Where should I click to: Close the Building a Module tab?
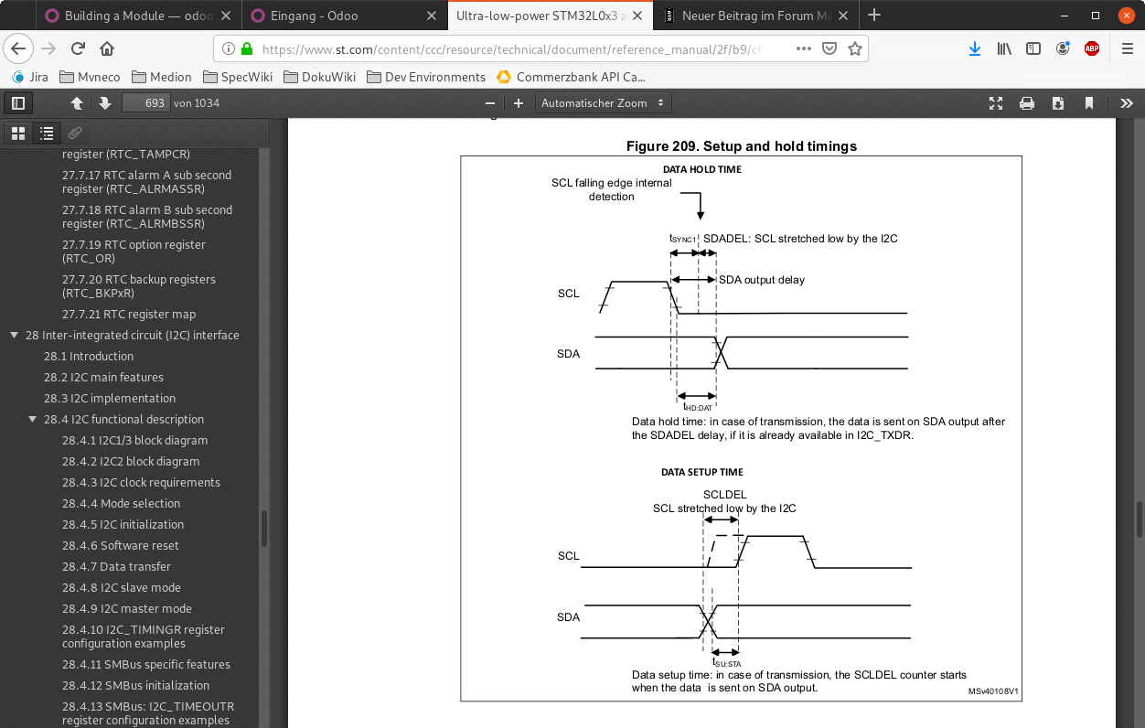pyautogui.click(x=225, y=16)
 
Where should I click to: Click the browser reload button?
pyautogui.click(x=78, y=48)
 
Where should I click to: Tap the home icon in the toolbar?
pyautogui.click(x=107, y=48)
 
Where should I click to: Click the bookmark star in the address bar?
pyautogui.click(x=855, y=48)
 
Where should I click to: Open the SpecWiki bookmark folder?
pyautogui.click(x=238, y=77)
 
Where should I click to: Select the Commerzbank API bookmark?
pyautogui.click(x=571, y=77)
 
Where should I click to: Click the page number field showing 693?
pyautogui.click(x=146, y=103)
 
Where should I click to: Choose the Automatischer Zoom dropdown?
pyautogui.click(x=604, y=103)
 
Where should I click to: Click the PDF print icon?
pyautogui.click(x=1026, y=103)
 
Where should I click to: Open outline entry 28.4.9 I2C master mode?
pyautogui.click(x=127, y=608)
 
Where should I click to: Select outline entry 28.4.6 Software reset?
pyautogui.click(x=121, y=545)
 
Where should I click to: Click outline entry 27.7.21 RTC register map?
pyautogui.click(x=129, y=314)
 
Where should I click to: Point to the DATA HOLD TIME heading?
pyautogui.click(x=701, y=169)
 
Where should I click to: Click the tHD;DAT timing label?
pyautogui.click(x=698, y=406)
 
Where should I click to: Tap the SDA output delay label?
pyautogui.click(x=762, y=280)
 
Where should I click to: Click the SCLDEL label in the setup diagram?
pyautogui.click(x=725, y=495)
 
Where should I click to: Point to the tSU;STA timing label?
pyautogui.click(x=726, y=662)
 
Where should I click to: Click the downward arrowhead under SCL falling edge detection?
pyautogui.click(x=701, y=215)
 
